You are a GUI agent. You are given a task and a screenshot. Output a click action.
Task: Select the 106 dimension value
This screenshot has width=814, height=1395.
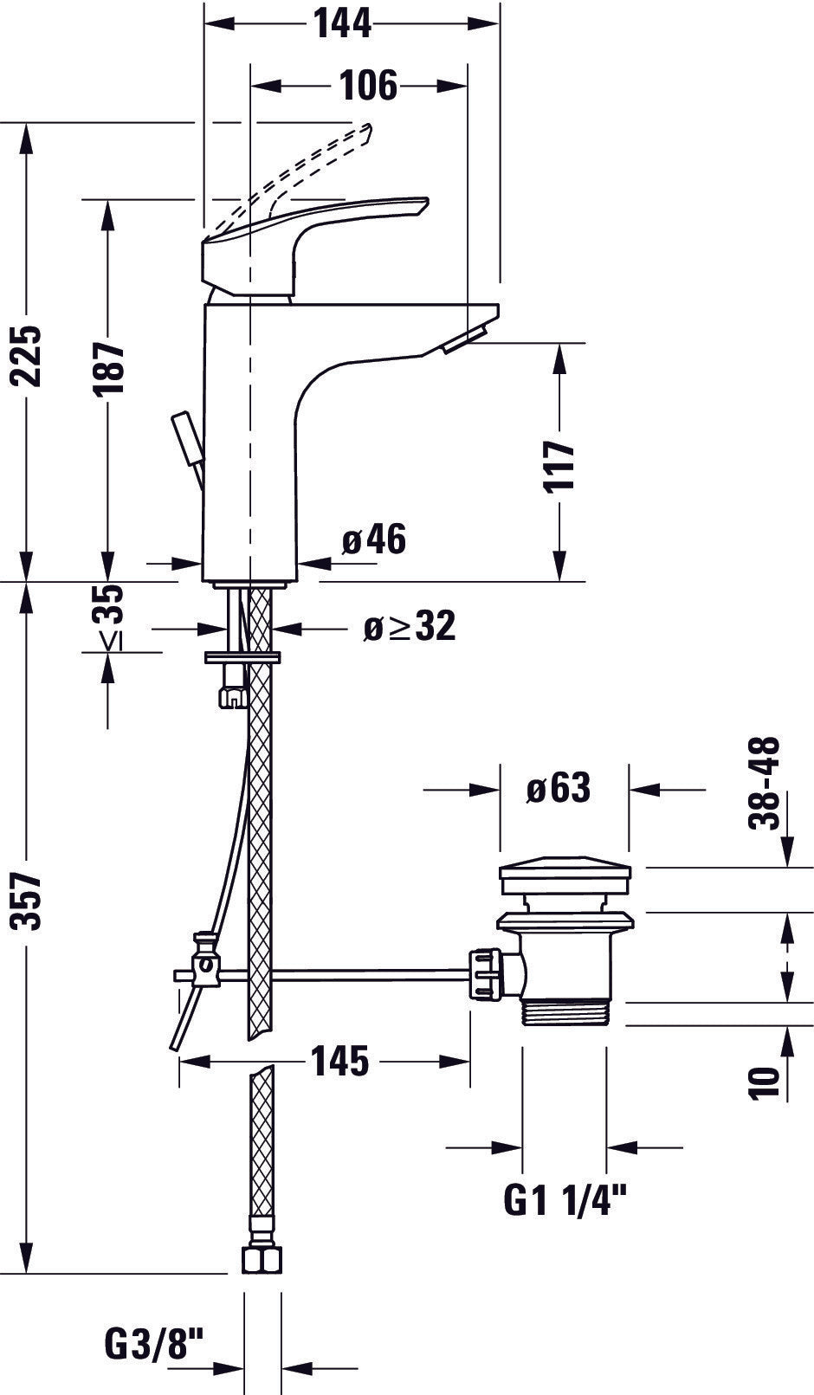(x=368, y=86)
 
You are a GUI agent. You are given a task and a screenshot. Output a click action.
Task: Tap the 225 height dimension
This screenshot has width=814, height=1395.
(x=29, y=355)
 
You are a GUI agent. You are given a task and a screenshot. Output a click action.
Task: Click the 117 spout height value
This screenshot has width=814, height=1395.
(x=561, y=465)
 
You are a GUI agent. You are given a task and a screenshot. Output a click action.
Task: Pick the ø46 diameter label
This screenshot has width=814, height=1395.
(x=373, y=540)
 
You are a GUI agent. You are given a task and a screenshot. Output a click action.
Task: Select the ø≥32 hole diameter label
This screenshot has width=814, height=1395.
(x=408, y=626)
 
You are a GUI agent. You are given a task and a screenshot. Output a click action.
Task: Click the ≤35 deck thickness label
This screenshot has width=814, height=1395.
(x=110, y=617)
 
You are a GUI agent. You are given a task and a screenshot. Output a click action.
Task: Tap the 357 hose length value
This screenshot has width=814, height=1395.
(x=29, y=901)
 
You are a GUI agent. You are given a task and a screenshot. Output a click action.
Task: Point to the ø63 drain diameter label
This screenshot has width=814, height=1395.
(x=559, y=789)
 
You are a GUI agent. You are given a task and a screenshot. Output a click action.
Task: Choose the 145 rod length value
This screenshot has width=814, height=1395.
(x=340, y=1061)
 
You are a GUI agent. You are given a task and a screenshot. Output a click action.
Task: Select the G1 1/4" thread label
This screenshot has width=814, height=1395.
(x=565, y=1201)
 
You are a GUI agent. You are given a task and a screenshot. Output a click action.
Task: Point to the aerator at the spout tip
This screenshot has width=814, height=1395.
(x=465, y=340)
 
